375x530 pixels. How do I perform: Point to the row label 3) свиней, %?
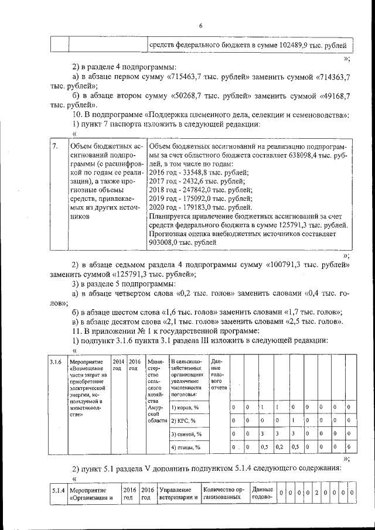click(x=187, y=434)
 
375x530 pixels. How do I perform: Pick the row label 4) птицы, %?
click(x=186, y=447)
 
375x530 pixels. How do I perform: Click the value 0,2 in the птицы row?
click(x=279, y=447)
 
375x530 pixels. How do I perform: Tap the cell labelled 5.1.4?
click(x=57, y=490)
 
